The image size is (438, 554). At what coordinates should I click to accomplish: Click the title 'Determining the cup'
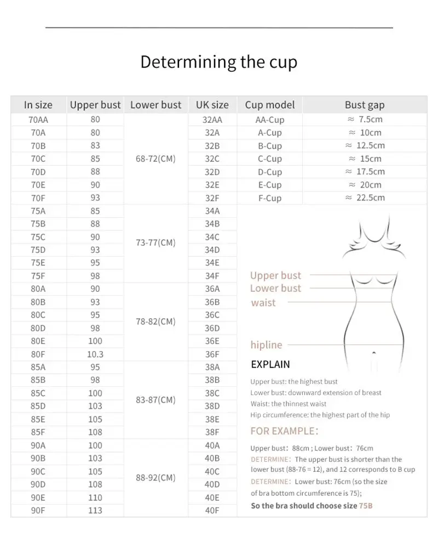point(218,61)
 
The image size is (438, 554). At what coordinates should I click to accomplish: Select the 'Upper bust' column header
point(95,105)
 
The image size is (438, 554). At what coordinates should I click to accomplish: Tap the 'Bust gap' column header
point(365,105)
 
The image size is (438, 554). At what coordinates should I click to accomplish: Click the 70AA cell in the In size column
point(38,120)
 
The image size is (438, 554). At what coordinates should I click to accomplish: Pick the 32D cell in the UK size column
point(212,172)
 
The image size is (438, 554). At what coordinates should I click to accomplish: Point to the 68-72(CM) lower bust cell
point(155,159)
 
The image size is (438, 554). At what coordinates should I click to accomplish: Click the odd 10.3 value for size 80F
point(95,354)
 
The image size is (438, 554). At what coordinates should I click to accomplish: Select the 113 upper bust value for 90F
point(95,510)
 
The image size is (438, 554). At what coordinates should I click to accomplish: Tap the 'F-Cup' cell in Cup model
point(270,198)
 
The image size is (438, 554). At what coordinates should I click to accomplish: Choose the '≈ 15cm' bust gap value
point(365,159)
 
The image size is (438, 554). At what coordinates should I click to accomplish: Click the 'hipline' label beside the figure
point(266,345)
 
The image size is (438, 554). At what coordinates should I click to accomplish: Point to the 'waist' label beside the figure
point(263,303)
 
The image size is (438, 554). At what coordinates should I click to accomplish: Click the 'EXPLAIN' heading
point(270,364)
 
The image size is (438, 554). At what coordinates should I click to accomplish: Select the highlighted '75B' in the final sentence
point(366,506)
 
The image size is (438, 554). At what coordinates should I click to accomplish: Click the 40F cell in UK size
point(212,510)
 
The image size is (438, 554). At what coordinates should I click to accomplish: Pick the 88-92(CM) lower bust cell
point(155,478)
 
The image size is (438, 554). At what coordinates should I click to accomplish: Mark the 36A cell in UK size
point(212,289)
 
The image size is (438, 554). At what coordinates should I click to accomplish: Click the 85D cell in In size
point(38,406)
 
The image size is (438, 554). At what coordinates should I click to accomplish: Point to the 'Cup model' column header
point(270,105)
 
